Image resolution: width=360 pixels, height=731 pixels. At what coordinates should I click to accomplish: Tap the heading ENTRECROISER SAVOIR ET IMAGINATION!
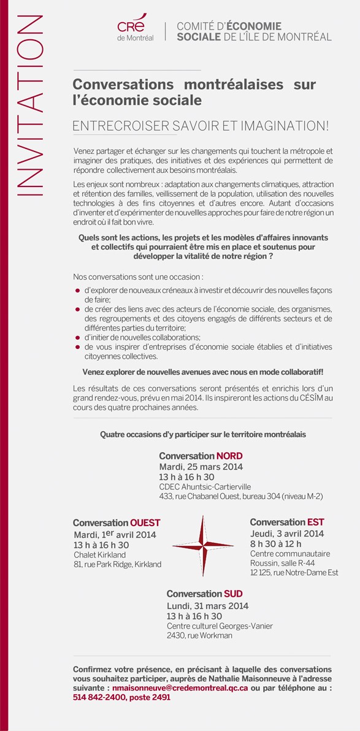(x=201, y=126)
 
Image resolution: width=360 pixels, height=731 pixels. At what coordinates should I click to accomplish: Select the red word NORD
(x=229, y=456)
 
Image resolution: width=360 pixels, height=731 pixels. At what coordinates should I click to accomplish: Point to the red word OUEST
(x=145, y=522)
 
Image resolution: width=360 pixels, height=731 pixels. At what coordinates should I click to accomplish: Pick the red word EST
(x=316, y=522)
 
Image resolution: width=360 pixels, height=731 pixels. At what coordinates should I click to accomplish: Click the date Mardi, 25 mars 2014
(x=201, y=467)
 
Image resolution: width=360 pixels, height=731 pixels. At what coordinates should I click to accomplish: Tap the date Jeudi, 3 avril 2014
(x=287, y=533)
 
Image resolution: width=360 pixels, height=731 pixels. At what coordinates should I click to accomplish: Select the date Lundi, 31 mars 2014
(x=207, y=605)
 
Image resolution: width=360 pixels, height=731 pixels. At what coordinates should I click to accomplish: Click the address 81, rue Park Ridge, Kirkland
(x=117, y=564)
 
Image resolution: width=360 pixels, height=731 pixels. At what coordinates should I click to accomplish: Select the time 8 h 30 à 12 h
(x=276, y=543)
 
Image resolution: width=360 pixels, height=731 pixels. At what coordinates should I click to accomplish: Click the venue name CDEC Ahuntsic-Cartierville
(x=201, y=486)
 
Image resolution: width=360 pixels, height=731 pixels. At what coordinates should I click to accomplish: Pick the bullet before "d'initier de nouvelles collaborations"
(x=77, y=338)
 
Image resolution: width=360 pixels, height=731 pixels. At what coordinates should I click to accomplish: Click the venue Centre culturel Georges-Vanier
(x=220, y=626)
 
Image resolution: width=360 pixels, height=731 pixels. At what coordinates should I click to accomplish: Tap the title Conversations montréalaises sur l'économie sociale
(x=194, y=90)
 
